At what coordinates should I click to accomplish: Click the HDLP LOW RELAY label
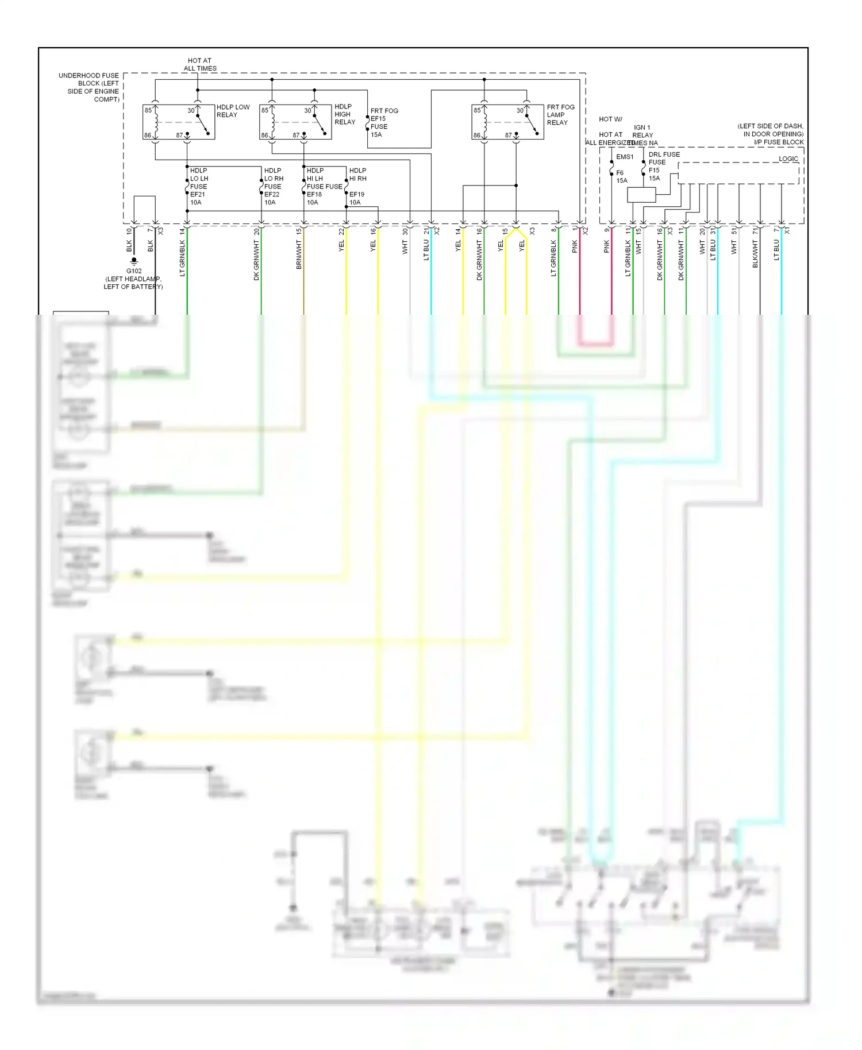pos(233,111)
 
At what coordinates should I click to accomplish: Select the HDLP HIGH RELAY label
pos(345,114)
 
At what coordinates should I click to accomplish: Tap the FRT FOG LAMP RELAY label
pos(560,115)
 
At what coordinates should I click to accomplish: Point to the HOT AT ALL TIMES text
pos(200,64)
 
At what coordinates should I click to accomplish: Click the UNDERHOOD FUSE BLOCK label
pos(89,87)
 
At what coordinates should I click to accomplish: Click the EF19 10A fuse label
pos(357,198)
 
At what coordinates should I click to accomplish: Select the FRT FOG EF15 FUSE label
pos(383,122)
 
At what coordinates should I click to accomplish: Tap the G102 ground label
pos(134,271)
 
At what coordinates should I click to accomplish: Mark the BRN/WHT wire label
pos(299,255)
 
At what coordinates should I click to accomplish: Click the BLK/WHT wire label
pos(755,254)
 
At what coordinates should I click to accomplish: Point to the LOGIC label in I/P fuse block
pos(788,159)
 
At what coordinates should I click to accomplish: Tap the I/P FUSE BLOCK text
pos(778,142)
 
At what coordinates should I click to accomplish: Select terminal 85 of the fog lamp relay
pos(477,110)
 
